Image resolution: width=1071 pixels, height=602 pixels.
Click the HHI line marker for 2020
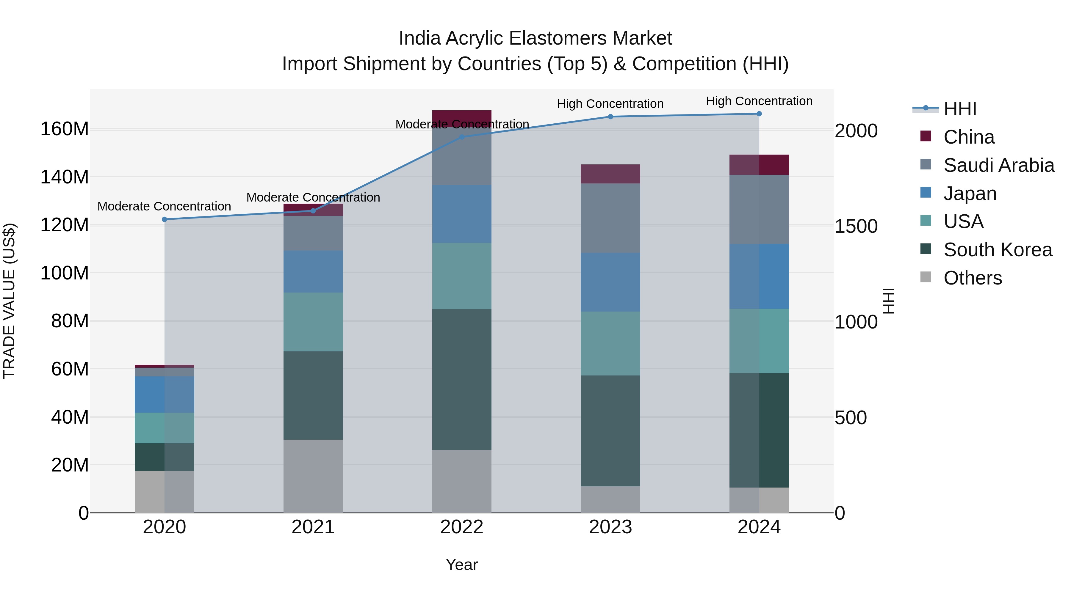(164, 219)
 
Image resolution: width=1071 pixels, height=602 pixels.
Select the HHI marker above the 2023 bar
(610, 117)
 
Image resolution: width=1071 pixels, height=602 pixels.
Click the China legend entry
(968, 137)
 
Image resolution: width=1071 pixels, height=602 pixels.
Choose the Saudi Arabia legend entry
(998, 165)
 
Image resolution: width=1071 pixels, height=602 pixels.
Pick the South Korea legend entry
(997, 250)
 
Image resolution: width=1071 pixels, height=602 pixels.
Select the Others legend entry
(972, 278)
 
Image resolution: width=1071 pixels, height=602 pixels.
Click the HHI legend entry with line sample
(959, 109)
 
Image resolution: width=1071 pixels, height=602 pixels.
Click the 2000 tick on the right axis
(856, 131)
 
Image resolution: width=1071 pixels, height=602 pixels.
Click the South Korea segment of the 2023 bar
(610, 431)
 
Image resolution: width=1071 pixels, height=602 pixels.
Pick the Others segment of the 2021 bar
(313, 476)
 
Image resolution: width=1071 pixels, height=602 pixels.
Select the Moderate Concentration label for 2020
(164, 207)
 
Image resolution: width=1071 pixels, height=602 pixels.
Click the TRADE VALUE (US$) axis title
(10, 301)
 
